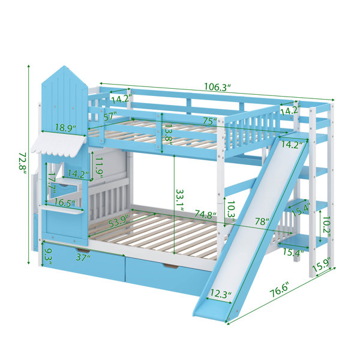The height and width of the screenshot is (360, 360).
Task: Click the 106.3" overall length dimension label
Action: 217,87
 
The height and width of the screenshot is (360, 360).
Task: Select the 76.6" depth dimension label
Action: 279,290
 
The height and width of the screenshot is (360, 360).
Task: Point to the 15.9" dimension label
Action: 322,265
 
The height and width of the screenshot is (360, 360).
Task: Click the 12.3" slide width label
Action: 220,293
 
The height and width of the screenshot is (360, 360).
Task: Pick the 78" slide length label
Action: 262,221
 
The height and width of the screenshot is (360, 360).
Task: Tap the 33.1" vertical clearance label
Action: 180,200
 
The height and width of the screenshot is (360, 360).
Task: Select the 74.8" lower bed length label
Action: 206,214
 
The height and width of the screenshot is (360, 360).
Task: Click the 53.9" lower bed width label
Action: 118,221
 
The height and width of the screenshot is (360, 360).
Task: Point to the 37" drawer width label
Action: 83,257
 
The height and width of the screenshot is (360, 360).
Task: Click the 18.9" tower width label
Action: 65,128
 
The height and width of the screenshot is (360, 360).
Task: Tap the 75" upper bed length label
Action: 210,121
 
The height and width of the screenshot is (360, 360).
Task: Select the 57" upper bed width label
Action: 110,117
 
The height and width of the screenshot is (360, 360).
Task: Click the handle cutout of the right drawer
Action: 170,266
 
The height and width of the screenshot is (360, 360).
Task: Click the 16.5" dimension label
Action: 65,203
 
